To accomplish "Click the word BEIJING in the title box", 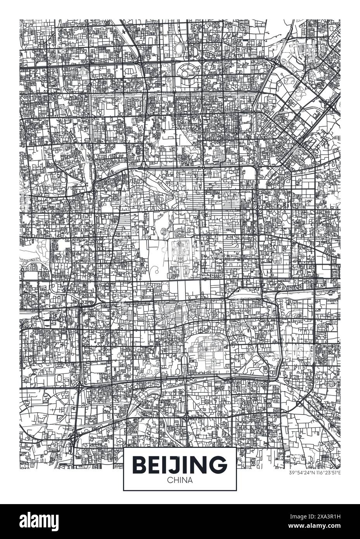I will (x=180, y=464).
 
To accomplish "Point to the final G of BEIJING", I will (x=218, y=464).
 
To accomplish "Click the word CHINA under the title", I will (x=180, y=480).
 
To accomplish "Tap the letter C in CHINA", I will (x=169, y=480).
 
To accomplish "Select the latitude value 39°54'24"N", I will (x=302, y=473).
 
